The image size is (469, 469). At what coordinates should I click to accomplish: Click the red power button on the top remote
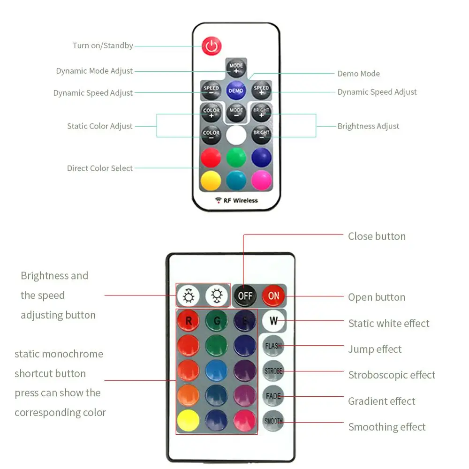[x=212, y=46]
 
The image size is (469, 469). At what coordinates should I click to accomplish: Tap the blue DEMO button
[x=236, y=90]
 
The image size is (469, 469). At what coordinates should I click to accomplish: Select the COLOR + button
[x=211, y=113]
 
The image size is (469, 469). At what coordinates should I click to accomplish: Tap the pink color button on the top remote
[x=261, y=180]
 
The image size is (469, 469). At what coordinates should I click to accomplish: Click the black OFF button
[x=245, y=296]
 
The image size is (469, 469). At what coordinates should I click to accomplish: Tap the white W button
[x=273, y=322]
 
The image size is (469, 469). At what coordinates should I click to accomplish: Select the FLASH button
[x=273, y=346]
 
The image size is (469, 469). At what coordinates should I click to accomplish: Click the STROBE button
[x=273, y=371]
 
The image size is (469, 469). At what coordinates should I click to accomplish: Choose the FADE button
[x=273, y=396]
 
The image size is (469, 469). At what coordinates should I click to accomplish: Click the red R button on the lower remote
[x=189, y=321]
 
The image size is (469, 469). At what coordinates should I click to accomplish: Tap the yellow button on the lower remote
[x=189, y=420]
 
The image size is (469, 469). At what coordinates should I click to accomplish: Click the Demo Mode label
[x=358, y=74]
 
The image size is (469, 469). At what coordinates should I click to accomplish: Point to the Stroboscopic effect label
[x=392, y=375]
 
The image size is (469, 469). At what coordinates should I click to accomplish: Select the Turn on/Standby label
[x=103, y=45]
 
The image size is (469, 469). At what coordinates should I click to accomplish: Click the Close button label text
[x=377, y=236]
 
